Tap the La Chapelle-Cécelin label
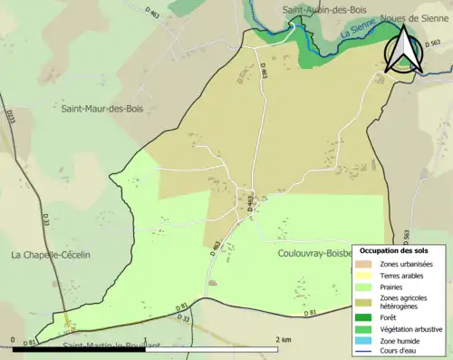pos(51,255)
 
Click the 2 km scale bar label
pos(283,338)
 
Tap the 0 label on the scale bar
pos(14,338)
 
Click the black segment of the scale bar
pos(82,347)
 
